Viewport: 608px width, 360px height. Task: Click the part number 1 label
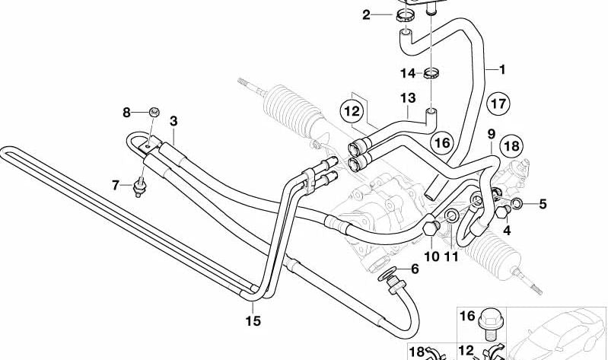tap(501, 70)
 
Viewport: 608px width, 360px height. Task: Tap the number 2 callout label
tap(367, 14)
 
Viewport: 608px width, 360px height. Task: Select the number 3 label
tap(173, 121)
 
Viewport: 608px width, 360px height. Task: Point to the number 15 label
tap(507, 229)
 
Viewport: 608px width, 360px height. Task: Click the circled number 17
tap(543, 204)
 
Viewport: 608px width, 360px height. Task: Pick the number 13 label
tap(415, 269)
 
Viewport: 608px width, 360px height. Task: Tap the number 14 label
tap(116, 184)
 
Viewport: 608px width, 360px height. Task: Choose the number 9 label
tap(127, 113)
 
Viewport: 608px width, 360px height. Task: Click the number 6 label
tap(491, 135)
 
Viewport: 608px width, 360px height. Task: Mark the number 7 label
tap(431, 256)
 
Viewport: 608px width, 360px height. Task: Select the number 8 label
tap(452, 256)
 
